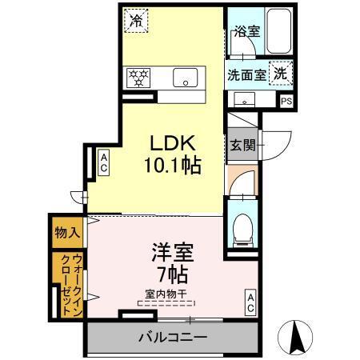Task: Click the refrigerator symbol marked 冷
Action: click(x=135, y=20)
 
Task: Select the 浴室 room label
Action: click(x=246, y=32)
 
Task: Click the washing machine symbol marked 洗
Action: click(x=281, y=72)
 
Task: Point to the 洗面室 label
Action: click(x=246, y=76)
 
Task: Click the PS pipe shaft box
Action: click(x=286, y=101)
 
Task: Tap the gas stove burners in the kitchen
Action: click(x=139, y=78)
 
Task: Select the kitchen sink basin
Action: click(x=186, y=78)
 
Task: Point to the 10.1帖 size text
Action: click(x=172, y=166)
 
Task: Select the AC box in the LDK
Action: click(x=104, y=164)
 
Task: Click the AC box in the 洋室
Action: click(x=250, y=302)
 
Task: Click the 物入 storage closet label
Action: click(x=67, y=233)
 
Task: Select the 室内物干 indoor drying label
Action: click(x=166, y=294)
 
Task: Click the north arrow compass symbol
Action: click(x=295, y=338)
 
